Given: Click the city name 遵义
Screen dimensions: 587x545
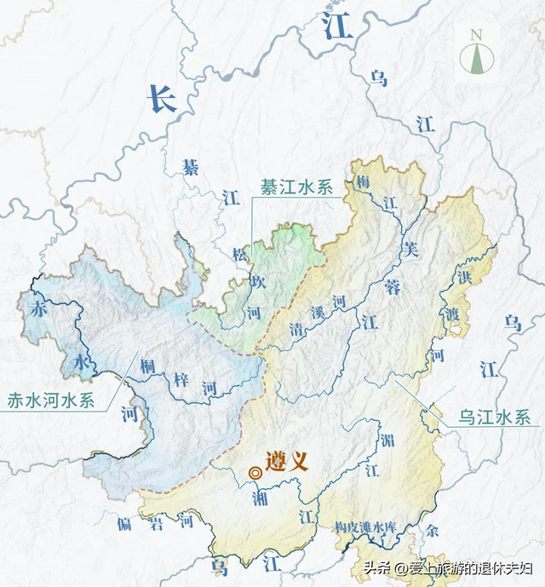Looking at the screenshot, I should click(x=287, y=463).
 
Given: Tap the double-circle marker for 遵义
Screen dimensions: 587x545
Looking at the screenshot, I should click(x=255, y=473).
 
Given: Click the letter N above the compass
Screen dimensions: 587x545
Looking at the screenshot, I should click(x=476, y=34).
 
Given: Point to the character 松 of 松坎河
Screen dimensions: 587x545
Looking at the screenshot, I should click(x=239, y=253).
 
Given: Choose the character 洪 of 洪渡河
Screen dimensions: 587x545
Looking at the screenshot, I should click(x=463, y=278).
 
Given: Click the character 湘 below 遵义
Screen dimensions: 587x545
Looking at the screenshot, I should click(x=260, y=498).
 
